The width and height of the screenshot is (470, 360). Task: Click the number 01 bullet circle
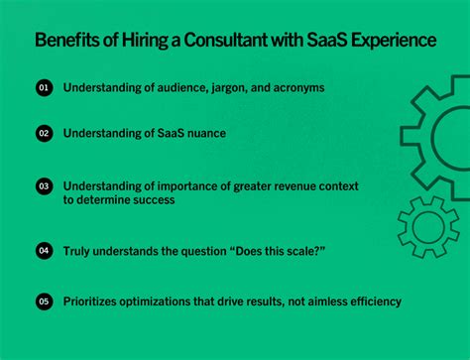pyautogui.click(x=44, y=88)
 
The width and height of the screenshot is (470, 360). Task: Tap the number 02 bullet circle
pyautogui.click(x=44, y=132)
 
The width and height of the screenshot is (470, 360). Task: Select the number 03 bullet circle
pyautogui.click(x=44, y=185)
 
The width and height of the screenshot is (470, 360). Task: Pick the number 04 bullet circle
pyautogui.click(x=44, y=251)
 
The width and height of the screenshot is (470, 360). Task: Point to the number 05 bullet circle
pyautogui.click(x=44, y=300)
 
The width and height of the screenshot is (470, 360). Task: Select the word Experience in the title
pyautogui.click(x=387, y=42)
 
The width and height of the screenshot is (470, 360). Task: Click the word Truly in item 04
pyautogui.click(x=80, y=251)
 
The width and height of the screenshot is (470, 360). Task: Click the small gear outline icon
pyautogui.click(x=428, y=227)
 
